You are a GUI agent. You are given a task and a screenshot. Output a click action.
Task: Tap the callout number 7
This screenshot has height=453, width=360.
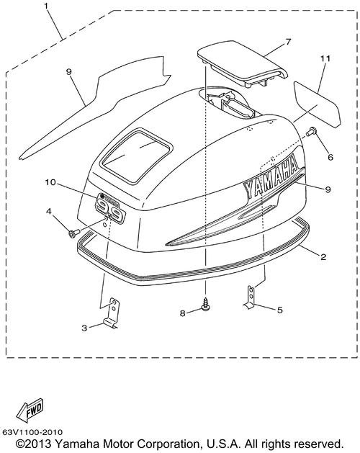click(288, 42)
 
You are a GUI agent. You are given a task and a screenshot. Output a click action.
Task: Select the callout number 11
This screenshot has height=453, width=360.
click(325, 58)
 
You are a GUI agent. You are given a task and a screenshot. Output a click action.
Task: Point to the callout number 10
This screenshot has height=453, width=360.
click(50, 183)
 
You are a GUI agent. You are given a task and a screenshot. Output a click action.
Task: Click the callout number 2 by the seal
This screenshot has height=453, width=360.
click(323, 256)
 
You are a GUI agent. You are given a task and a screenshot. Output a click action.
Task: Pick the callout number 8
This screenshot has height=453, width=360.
click(182, 313)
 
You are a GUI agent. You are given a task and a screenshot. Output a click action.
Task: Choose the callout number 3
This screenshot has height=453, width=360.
click(84, 328)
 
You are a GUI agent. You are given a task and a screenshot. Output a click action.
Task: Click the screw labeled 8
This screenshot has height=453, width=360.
click(205, 306)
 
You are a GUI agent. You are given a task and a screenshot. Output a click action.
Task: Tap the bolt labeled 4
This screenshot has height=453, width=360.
click(72, 233)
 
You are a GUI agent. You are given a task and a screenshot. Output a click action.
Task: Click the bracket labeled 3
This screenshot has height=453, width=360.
click(111, 314)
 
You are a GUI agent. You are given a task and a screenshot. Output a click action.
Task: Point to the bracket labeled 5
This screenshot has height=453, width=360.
click(250, 297)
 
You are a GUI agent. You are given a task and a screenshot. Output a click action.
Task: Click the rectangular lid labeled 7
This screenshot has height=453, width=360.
click(242, 63)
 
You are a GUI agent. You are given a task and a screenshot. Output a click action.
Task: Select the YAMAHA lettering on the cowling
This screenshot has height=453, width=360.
click(271, 178)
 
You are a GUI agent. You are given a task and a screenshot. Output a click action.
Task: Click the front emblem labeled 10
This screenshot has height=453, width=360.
click(111, 207)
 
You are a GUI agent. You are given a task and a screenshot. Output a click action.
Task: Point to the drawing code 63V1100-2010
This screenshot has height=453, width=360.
click(32, 433)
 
